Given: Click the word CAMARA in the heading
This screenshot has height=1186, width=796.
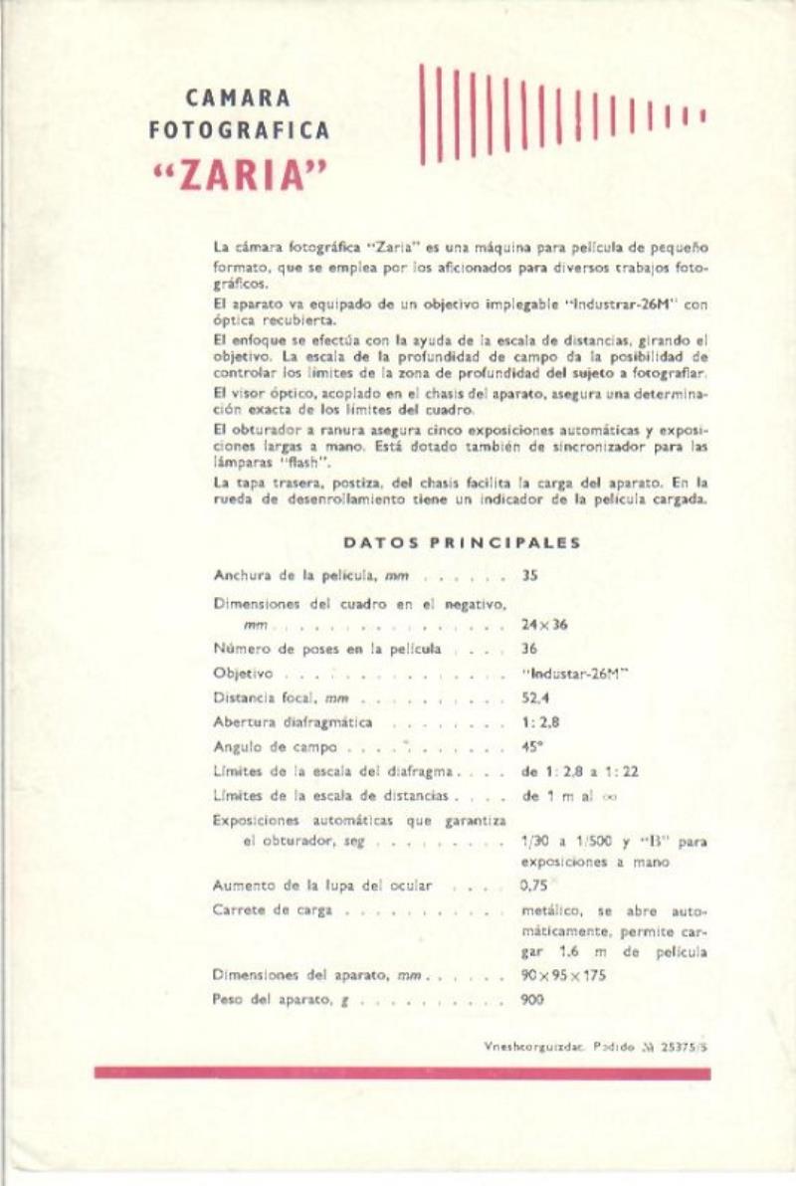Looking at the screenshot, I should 239,99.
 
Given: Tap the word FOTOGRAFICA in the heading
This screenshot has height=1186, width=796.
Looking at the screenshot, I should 239,129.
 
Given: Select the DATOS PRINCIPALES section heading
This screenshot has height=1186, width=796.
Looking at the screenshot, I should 462,543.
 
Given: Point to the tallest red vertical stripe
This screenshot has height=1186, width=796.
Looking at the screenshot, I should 422,113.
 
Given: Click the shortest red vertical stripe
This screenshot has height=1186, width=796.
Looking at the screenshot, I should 702,114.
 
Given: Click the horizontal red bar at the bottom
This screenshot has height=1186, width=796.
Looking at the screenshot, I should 402,1073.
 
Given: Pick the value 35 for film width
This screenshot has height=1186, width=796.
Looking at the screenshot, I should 529,575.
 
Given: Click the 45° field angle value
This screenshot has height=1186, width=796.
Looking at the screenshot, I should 532,746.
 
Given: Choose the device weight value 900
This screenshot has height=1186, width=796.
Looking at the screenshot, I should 532,1000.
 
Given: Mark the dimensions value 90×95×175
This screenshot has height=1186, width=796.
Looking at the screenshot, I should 563,975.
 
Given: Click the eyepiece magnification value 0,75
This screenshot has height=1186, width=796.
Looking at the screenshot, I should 534,885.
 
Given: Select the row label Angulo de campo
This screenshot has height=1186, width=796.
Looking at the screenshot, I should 276,746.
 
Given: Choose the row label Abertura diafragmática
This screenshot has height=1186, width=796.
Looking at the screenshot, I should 293,722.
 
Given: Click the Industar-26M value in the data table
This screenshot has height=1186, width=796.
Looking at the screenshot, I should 576,674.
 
